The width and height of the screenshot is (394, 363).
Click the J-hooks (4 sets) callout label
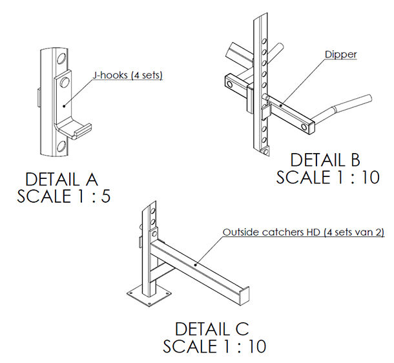128,76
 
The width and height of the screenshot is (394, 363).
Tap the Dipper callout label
341,54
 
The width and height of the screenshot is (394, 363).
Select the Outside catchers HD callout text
304,232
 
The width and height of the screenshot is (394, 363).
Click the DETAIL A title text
61,180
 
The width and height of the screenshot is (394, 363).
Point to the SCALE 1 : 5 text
63,196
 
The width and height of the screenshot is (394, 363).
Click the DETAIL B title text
325,160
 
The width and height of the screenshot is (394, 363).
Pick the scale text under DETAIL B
328,177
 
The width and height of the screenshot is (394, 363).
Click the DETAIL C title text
212,329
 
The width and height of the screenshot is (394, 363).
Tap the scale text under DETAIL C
214,346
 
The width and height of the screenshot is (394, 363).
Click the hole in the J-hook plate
65,82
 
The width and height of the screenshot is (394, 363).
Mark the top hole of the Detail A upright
61,59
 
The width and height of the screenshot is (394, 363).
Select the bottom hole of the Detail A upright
61,146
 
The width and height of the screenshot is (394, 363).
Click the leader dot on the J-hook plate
64,106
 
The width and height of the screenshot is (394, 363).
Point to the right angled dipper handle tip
369,98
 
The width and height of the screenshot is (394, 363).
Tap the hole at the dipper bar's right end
304,127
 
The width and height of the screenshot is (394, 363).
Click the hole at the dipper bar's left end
230,84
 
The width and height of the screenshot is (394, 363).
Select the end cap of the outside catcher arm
244,296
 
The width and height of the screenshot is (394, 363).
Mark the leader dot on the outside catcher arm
196,264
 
